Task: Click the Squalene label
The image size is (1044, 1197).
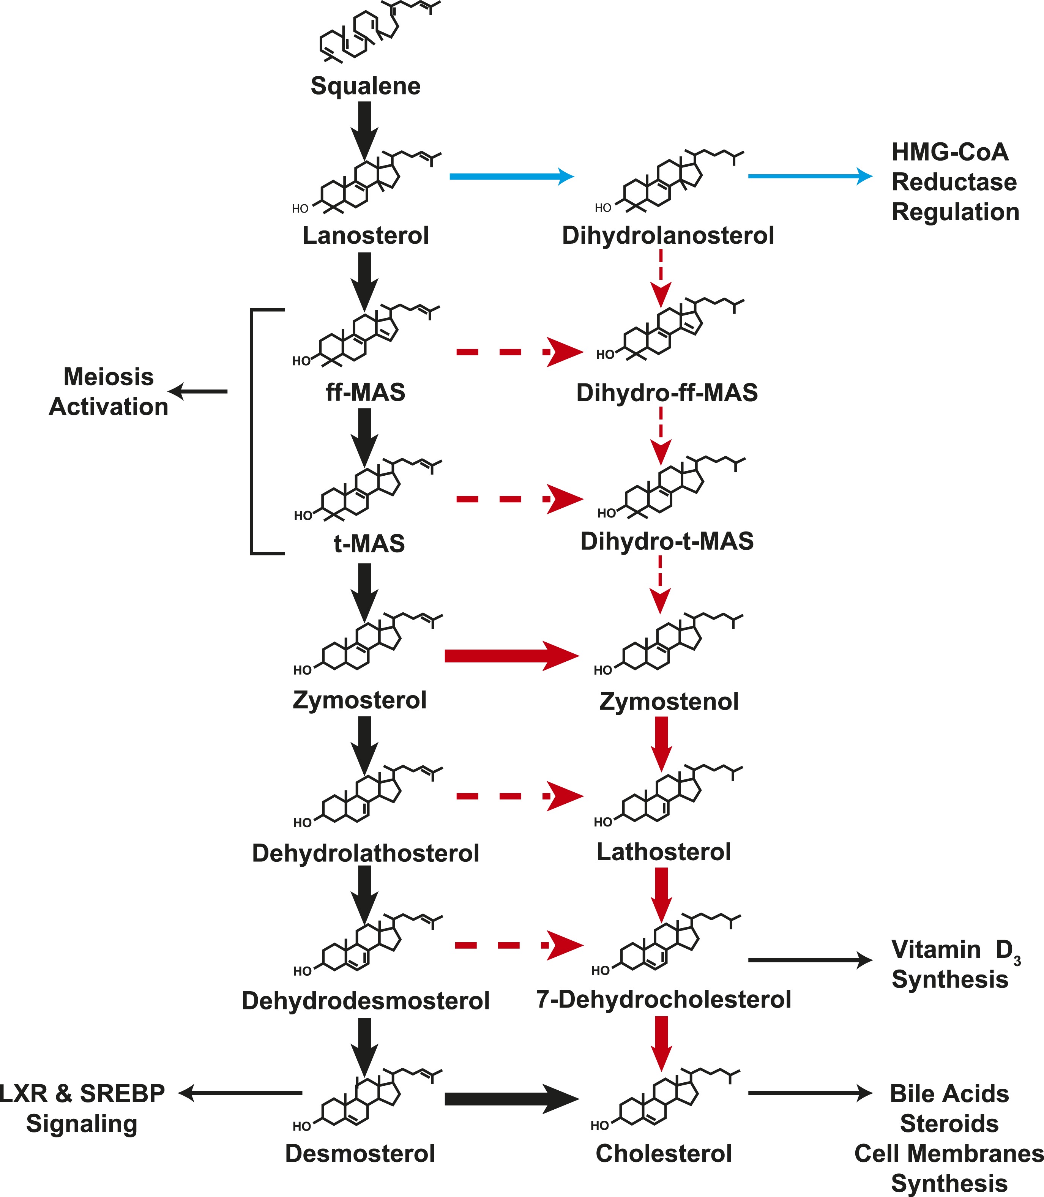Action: click(x=365, y=86)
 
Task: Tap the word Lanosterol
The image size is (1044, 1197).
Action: click(x=365, y=236)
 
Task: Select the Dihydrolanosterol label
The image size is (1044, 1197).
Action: click(x=668, y=236)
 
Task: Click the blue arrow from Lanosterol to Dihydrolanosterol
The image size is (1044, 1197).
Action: click(x=511, y=176)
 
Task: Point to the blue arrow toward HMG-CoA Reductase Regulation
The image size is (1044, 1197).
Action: click(x=810, y=176)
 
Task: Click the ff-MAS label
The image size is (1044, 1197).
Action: click(x=365, y=392)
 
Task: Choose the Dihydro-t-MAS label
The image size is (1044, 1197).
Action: click(x=667, y=541)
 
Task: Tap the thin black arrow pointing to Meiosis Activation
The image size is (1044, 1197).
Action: click(x=198, y=391)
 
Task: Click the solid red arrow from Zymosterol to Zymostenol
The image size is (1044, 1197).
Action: click(x=511, y=656)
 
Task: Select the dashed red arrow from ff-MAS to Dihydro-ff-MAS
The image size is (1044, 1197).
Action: click(x=519, y=352)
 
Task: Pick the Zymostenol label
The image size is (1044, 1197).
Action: click(x=669, y=701)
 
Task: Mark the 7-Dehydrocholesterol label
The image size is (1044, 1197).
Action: click(x=664, y=1000)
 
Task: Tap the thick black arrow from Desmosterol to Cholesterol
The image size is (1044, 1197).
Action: click(x=511, y=1099)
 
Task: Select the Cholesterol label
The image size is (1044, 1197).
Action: click(x=664, y=1153)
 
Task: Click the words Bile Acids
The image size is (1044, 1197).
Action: click(x=949, y=1094)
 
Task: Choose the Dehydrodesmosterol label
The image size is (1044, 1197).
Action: click(x=365, y=1001)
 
